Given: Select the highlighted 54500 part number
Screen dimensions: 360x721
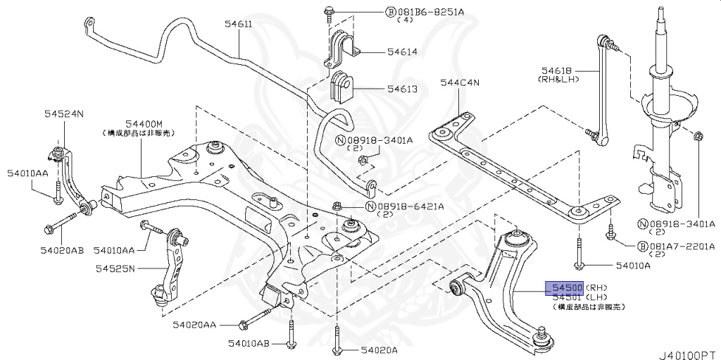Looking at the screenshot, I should (x=566, y=288).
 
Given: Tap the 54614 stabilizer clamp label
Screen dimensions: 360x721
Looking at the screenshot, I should (x=401, y=52).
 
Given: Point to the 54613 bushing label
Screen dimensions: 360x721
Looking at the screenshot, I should (x=401, y=89).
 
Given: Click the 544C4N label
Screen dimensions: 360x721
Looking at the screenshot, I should (x=459, y=82).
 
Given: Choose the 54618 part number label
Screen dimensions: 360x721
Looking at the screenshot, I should (x=556, y=70).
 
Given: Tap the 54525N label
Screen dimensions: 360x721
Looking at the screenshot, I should (x=117, y=268).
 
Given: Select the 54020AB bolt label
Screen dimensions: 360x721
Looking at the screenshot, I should (x=62, y=250).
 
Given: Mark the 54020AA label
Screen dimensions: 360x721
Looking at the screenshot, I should (x=196, y=325).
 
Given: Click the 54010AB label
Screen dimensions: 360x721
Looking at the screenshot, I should (x=249, y=344).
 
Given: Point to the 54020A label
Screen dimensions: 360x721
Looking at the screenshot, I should (x=380, y=349).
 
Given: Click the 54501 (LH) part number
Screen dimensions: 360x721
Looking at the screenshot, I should (x=566, y=298).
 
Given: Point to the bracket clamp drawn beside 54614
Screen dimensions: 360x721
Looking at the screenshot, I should (x=341, y=48).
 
